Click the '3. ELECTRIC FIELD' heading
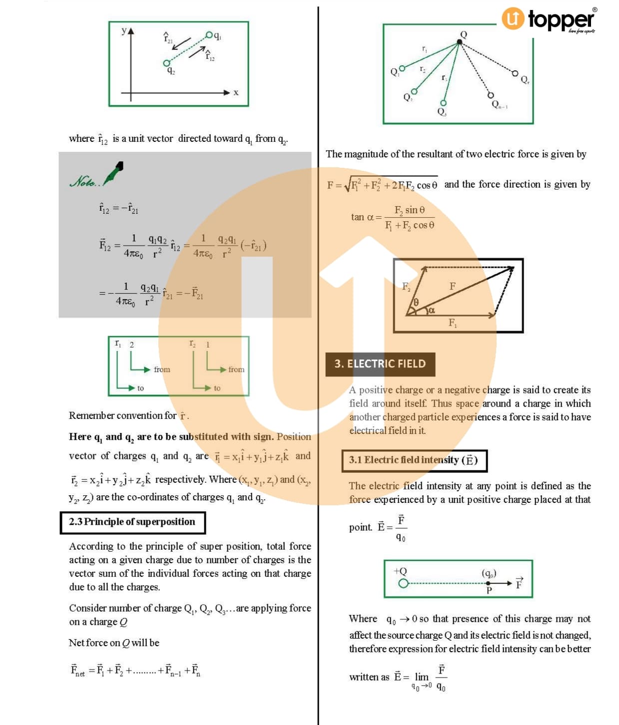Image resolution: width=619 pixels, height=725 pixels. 380,364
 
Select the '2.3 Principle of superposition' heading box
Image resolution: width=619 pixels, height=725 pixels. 132,522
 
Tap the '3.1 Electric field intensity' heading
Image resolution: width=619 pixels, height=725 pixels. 414,460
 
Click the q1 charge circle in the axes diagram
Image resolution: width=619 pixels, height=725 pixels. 209,34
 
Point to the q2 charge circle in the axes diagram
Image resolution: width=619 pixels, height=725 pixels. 166,63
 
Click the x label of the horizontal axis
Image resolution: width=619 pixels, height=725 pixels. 236,92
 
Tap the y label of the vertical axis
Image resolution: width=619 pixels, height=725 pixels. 124,30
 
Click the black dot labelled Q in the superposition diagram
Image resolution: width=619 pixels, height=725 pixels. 460,42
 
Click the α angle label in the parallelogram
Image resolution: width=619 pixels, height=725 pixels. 432,311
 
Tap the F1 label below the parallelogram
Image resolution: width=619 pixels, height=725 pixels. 452,323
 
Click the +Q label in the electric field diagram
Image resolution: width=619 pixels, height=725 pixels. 400,571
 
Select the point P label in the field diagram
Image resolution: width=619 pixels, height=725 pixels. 489,590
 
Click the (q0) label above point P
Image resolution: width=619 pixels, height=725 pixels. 489,573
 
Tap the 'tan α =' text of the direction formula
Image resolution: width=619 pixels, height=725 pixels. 366,217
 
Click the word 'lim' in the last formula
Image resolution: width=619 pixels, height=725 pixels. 422,677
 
